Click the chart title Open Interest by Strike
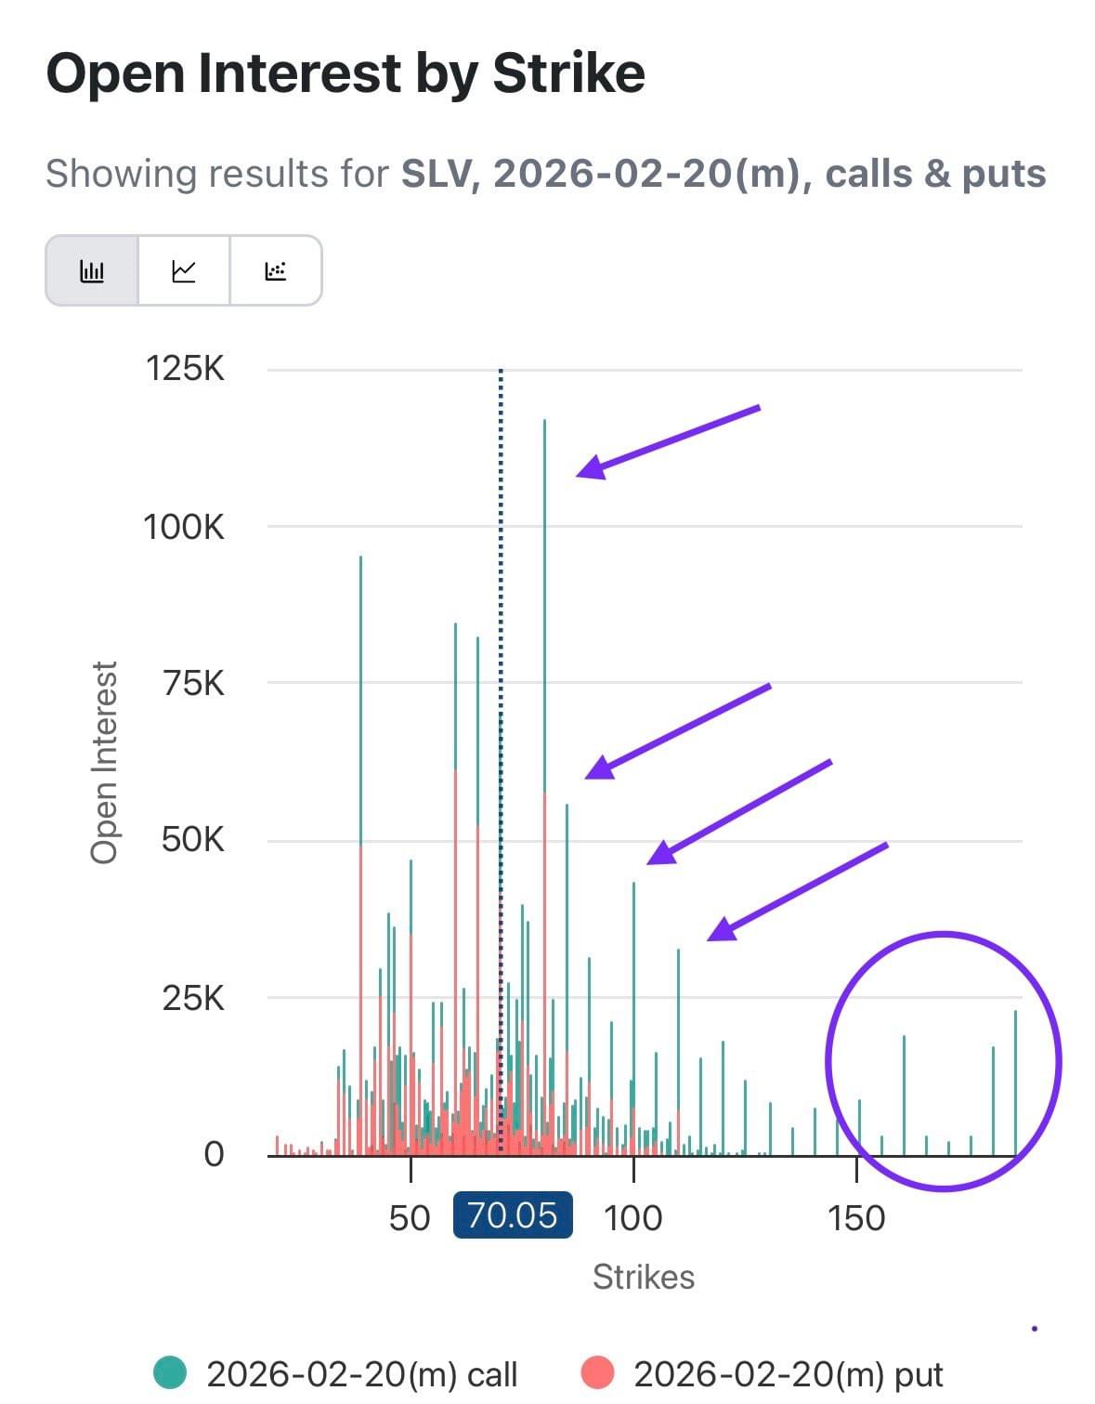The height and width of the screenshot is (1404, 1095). (345, 73)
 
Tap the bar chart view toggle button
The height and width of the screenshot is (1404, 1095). (92, 271)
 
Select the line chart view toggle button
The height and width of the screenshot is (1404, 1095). (184, 271)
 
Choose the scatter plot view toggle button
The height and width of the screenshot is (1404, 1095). (276, 271)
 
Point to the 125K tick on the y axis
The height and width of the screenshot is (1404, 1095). (185, 369)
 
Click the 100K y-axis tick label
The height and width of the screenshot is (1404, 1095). (184, 527)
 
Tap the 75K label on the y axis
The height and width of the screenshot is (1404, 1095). (193, 684)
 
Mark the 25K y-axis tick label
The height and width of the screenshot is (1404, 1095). (193, 998)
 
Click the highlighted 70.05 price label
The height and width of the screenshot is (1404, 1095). (513, 1215)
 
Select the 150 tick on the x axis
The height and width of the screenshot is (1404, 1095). (855, 1217)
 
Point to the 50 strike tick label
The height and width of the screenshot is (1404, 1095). (410, 1217)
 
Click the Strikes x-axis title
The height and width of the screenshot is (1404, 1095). (644, 1277)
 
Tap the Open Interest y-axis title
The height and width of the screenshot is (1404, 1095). (105, 762)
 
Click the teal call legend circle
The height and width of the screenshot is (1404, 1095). (170, 1372)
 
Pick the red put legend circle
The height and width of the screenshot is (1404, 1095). (597, 1372)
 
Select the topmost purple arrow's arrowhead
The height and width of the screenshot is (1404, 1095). (591, 468)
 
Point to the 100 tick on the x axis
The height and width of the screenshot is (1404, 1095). (632, 1217)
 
